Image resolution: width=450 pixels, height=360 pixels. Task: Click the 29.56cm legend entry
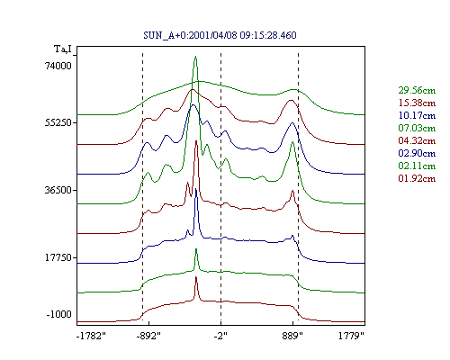417,90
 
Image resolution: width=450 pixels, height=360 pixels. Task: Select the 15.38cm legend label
417,103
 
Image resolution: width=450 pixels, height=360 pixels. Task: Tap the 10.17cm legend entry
417,115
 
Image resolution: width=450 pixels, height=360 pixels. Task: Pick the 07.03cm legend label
417,128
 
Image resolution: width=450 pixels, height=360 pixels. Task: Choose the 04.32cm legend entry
417,140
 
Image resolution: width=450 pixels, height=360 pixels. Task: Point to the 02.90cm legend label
417,153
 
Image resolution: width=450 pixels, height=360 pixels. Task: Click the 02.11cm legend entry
417,166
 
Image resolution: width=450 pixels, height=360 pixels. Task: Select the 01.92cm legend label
417,178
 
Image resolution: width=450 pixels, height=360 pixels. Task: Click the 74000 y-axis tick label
58,66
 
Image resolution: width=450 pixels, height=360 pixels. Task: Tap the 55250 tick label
58,122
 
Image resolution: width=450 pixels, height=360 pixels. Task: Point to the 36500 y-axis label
58,190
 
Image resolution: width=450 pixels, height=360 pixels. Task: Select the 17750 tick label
58,257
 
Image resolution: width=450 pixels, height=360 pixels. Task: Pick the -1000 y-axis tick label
59,314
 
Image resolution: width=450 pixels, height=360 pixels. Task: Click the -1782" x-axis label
91,336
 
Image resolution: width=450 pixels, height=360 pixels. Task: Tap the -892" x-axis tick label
148,336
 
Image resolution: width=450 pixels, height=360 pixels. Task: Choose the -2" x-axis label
220,336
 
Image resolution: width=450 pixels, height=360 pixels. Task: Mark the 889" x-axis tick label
292,336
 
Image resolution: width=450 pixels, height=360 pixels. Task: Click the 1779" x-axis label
351,336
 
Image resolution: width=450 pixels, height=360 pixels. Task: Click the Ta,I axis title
63,49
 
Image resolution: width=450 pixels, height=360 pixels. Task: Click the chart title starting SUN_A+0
220,35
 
